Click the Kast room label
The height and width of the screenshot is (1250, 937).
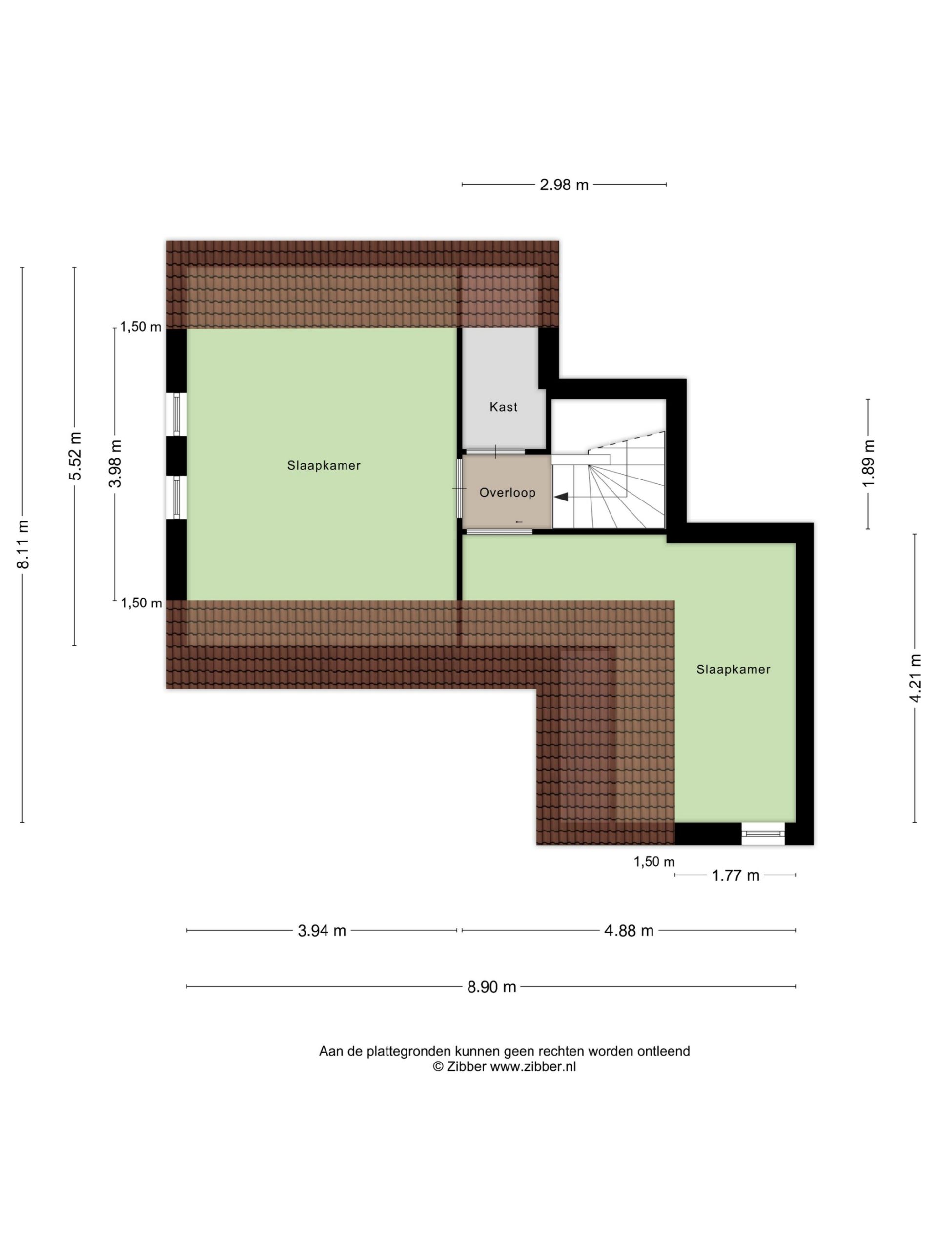pos(503,407)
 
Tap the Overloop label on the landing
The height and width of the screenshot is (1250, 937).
pos(507,493)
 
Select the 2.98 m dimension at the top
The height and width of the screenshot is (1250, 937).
pos(564,185)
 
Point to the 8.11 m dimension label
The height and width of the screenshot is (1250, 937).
pos(22,544)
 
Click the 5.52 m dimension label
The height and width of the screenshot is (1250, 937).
pos(75,456)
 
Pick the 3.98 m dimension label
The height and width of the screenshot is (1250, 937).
pos(115,463)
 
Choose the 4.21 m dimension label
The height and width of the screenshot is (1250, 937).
pos(915,678)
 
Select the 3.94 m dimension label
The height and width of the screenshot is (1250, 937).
pos(322,930)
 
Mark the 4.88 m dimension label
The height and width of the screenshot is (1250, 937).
pos(629,930)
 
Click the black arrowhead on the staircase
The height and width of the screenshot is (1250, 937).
pos(561,497)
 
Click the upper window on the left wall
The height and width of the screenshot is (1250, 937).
pos(177,414)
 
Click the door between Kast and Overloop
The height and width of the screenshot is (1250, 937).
pos(494,452)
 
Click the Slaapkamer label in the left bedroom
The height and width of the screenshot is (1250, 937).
pos(324,466)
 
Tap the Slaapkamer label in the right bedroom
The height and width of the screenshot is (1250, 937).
pos(733,669)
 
